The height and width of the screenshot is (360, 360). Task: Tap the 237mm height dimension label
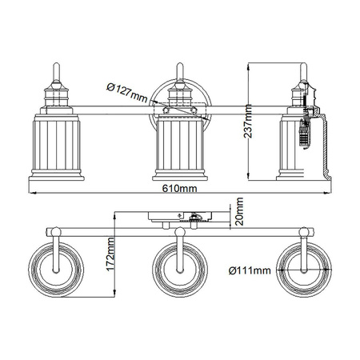pyautogui.click(x=250, y=122)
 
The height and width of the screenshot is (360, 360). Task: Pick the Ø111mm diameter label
pyautogui.click(x=247, y=270)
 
